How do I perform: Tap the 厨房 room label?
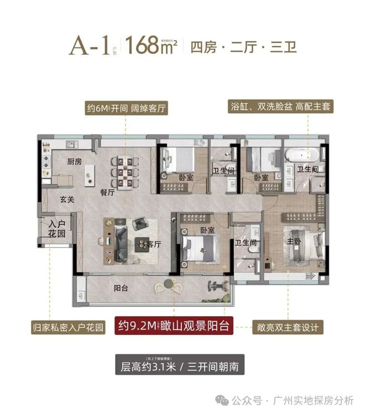click(x=75, y=162)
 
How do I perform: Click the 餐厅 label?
click(x=107, y=193)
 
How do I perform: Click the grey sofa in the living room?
click(x=123, y=238)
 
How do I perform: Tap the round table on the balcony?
click(x=165, y=285)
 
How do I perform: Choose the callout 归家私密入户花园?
click(x=67, y=327)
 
